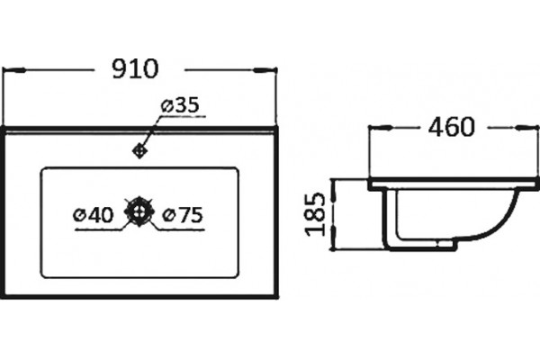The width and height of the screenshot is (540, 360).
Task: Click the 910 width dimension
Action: tap(135, 69)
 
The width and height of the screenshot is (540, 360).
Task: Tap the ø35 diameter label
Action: tap(180, 104)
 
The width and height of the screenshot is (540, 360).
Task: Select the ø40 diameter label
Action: tap(94, 215)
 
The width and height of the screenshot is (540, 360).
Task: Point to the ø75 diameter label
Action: tap(183, 215)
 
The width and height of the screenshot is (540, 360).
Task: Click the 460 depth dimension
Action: tap(452, 127)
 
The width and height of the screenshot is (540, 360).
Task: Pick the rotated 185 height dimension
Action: tap(315, 214)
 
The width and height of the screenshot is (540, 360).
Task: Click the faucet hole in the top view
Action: tap(139, 150)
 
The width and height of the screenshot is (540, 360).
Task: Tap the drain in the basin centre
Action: tap(139, 211)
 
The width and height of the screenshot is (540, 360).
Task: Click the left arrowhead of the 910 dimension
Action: tap(13, 70)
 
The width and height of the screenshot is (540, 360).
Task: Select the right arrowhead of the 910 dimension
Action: tap(265, 70)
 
